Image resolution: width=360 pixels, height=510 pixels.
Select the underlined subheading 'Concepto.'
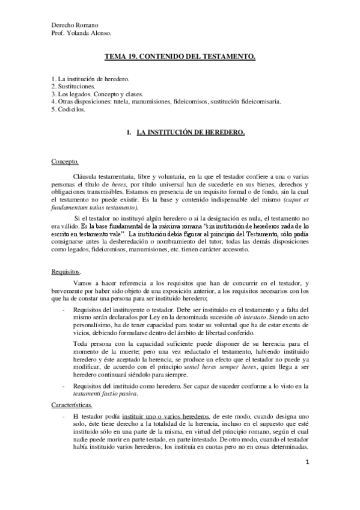64,162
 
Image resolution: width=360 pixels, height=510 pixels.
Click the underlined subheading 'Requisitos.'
66,272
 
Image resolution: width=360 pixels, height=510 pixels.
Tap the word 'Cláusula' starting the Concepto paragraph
85,175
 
